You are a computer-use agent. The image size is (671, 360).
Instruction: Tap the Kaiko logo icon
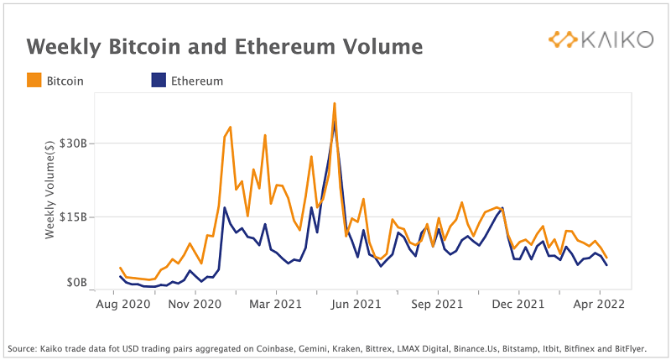563,39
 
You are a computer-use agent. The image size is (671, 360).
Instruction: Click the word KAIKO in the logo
616,39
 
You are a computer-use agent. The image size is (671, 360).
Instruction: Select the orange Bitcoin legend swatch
34,81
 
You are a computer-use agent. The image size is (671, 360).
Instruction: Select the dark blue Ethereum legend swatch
158,81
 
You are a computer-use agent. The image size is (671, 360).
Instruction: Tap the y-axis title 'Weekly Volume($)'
50,192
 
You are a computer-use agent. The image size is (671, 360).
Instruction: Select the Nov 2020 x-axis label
194,304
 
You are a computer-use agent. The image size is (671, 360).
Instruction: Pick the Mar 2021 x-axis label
276,304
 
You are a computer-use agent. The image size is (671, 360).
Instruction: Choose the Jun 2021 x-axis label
356,304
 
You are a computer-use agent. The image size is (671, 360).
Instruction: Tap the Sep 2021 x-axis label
437,304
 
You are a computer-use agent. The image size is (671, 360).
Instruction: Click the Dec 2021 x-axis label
518,304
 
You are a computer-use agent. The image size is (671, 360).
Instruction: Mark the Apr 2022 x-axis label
599,304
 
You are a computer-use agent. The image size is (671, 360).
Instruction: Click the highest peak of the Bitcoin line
335,104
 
